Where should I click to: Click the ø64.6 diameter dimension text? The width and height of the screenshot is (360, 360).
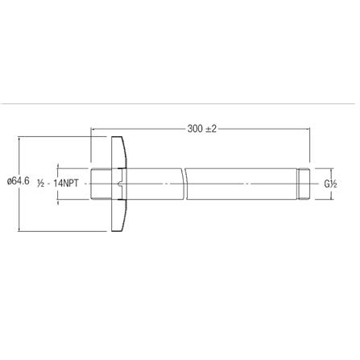pyautogui.click(x=18, y=183)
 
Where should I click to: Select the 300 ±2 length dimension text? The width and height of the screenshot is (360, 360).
pyautogui.click(x=202, y=127)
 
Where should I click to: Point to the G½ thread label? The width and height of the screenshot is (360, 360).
pyautogui.click(x=331, y=183)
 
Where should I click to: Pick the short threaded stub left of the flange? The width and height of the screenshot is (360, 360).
pyautogui.click(x=97, y=183)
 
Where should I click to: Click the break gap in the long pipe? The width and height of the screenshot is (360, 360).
pyautogui.click(x=184, y=183)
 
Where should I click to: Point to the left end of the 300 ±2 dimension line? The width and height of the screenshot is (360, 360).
pyautogui.click(x=92, y=127)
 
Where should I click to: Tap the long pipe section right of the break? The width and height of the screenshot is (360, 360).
pyautogui.click(x=242, y=183)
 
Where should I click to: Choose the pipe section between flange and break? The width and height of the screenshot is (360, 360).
pyautogui.click(x=153, y=183)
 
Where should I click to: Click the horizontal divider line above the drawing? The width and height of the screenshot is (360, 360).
pyautogui.click(x=180, y=103)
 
